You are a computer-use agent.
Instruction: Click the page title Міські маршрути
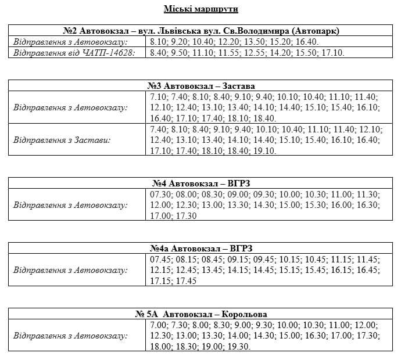[x=201, y=9]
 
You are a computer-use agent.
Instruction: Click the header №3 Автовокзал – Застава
[x=201, y=85]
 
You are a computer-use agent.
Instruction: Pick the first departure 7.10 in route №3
[x=158, y=96]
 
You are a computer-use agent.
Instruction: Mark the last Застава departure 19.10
[x=264, y=150]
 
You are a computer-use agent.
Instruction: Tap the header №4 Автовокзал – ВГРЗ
[x=201, y=183]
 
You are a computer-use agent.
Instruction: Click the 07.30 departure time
[x=160, y=194]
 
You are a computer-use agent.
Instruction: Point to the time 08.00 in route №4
[x=186, y=194]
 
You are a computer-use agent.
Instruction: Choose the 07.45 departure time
[x=160, y=260]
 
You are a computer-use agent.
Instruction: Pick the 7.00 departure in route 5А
[x=158, y=325]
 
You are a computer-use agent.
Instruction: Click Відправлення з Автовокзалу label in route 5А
[x=70, y=336]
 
